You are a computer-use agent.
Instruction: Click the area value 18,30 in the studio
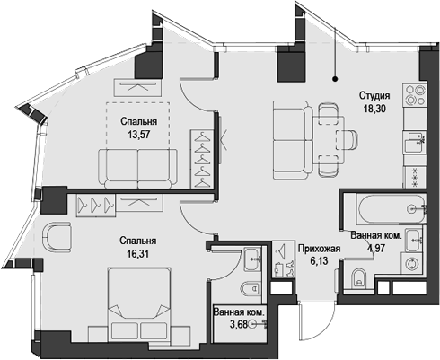(374, 109)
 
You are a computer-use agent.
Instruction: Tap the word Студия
(374, 96)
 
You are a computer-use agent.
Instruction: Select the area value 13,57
(139, 135)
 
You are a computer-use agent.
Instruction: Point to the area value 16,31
(137, 254)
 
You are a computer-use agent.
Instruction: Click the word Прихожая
(319, 249)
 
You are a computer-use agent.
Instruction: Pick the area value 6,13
(319, 261)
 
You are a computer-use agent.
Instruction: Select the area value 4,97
(376, 249)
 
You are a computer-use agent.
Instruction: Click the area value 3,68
(239, 324)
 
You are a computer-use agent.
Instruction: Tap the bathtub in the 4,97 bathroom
(392, 209)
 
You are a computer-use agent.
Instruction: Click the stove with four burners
(415, 94)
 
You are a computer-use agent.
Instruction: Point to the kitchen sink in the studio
(415, 142)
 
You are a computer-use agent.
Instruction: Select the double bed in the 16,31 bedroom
(139, 303)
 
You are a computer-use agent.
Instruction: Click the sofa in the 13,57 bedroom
(137, 168)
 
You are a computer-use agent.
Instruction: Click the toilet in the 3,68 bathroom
(251, 288)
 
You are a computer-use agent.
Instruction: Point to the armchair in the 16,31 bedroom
(57, 236)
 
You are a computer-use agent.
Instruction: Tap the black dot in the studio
(335, 79)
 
